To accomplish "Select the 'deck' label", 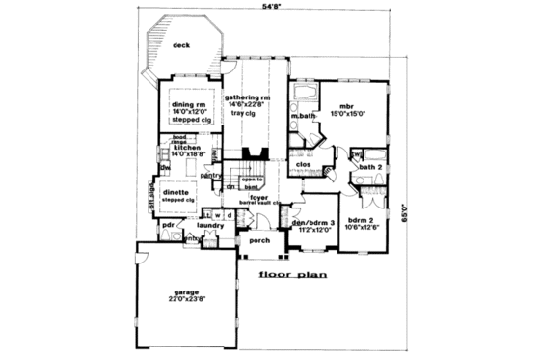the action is coord(179,44).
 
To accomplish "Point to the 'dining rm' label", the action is coord(189,104).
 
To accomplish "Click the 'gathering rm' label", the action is coord(247,98).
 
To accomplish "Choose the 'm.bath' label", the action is coord(304,117).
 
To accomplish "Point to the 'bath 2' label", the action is coord(371,167).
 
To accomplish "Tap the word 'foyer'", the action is coord(258,196).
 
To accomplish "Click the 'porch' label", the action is coord(258,240).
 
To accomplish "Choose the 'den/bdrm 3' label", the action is coord(312,223).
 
